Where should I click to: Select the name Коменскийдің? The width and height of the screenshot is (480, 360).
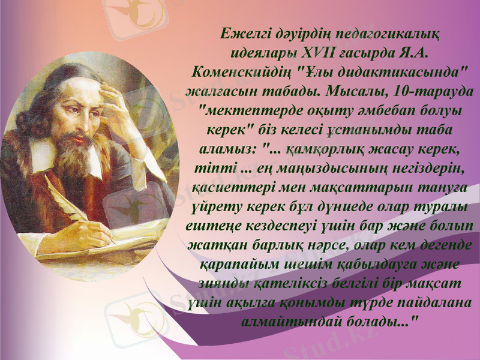(x=243, y=73)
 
